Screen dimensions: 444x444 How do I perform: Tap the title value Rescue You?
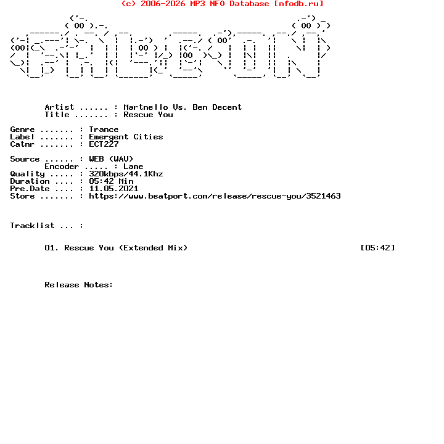pyautogui.click(x=148, y=115)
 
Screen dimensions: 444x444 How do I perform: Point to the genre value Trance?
pyautogui.click(x=104, y=129)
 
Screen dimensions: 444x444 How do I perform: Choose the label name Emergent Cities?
pyautogui.click(x=126, y=137)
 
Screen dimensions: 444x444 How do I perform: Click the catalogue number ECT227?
pyautogui.click(x=104, y=144)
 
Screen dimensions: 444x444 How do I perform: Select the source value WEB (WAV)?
pyautogui.click(x=111, y=159)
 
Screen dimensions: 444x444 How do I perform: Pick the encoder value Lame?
pyautogui.click(x=133, y=166)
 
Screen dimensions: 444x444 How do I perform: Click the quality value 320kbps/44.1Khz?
pyautogui.click(x=126, y=174)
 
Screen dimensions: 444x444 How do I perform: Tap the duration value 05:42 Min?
pyautogui.click(x=111, y=181)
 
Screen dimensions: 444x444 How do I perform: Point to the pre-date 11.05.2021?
pyautogui.click(x=113, y=189)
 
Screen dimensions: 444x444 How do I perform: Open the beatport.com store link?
pyautogui.click(x=215, y=196)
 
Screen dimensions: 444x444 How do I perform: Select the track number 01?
pyautogui.click(x=52, y=248)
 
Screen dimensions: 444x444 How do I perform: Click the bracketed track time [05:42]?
pyautogui.click(x=377, y=248)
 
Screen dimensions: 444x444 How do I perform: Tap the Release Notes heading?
pyautogui.click(x=79, y=285)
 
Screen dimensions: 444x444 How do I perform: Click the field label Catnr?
pyautogui.click(x=22, y=144)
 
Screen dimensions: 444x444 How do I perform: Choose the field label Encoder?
pyautogui.click(x=62, y=166)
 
